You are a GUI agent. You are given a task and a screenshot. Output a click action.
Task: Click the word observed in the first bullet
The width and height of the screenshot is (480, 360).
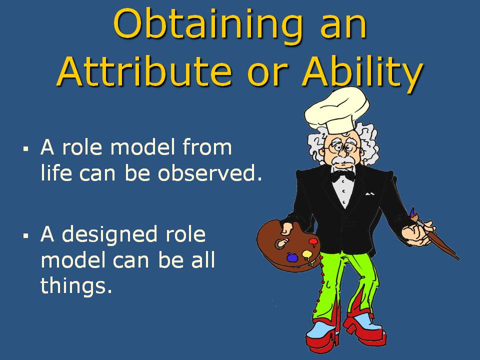click(209, 172)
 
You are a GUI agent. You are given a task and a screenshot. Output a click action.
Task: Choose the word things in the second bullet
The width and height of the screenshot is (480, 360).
click(76, 285)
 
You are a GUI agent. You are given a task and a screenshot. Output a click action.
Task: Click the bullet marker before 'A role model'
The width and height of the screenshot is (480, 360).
click(25, 149)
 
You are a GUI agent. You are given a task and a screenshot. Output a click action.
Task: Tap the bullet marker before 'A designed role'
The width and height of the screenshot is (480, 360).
click(25, 235)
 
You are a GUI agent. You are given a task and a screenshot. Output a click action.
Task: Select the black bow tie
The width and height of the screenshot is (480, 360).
click(343, 175)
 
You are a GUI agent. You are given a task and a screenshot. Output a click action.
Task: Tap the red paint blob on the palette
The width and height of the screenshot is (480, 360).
click(314, 242)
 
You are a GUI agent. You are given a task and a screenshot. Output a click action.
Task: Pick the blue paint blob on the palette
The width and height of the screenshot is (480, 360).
click(292, 257)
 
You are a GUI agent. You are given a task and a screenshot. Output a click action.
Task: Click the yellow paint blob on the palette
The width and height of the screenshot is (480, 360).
click(307, 254)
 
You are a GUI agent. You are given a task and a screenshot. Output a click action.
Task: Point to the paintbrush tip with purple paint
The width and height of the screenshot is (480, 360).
click(413, 212)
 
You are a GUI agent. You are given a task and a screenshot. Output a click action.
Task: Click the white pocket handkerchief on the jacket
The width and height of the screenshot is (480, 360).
click(370, 194)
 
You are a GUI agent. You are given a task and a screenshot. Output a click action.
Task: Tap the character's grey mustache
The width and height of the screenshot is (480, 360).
click(342, 160)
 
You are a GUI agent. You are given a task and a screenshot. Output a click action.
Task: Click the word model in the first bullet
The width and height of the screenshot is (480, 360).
click(143, 147)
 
